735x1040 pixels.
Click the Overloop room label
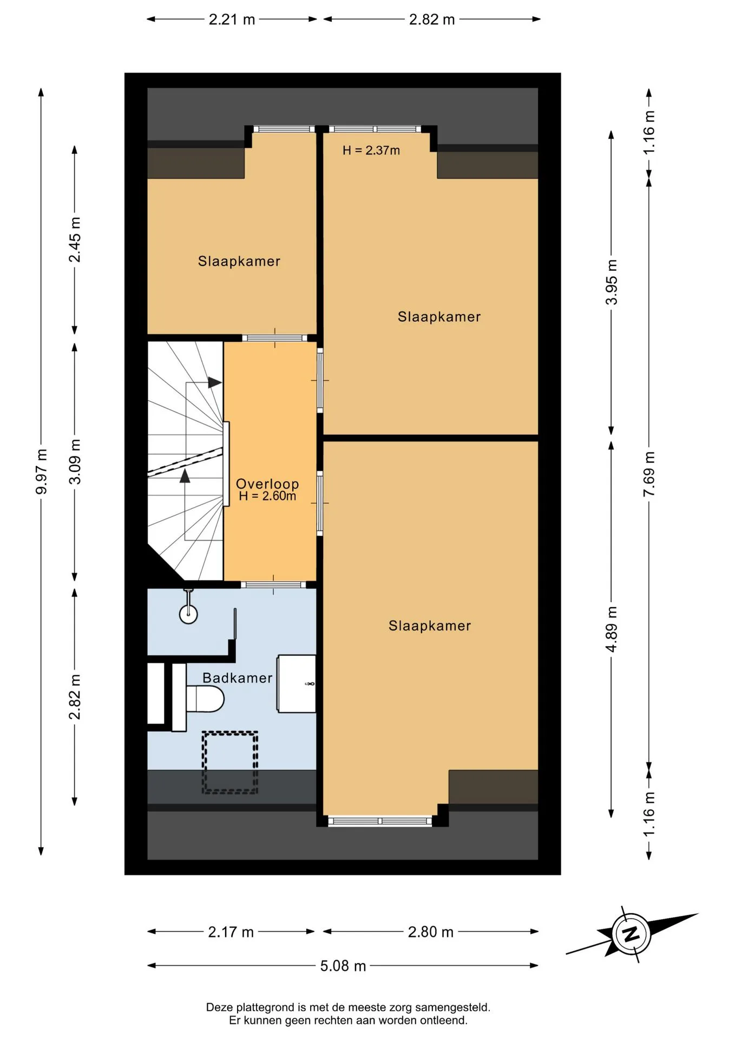tap(267, 483)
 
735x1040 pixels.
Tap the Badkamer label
tap(238, 678)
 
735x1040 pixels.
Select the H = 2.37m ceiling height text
tap(371, 150)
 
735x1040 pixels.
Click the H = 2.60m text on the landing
tap(267, 496)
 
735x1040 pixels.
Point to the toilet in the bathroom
tap(205, 699)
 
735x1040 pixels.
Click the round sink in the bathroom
tap(188, 614)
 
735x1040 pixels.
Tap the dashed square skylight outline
tap(229, 762)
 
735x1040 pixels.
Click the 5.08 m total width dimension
tap(343, 966)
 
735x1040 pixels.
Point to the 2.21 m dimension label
tap(232, 19)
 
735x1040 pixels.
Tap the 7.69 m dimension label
tap(649, 474)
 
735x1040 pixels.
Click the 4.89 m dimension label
tap(611, 629)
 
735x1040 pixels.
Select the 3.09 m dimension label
tap(75, 461)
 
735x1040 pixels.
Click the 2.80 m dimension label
tap(430, 932)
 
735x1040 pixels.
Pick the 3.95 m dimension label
tap(611, 282)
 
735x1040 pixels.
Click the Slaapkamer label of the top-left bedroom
tap(239, 261)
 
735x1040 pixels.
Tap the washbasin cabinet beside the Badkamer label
tap(296, 684)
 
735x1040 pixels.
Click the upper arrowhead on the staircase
tap(215, 382)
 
